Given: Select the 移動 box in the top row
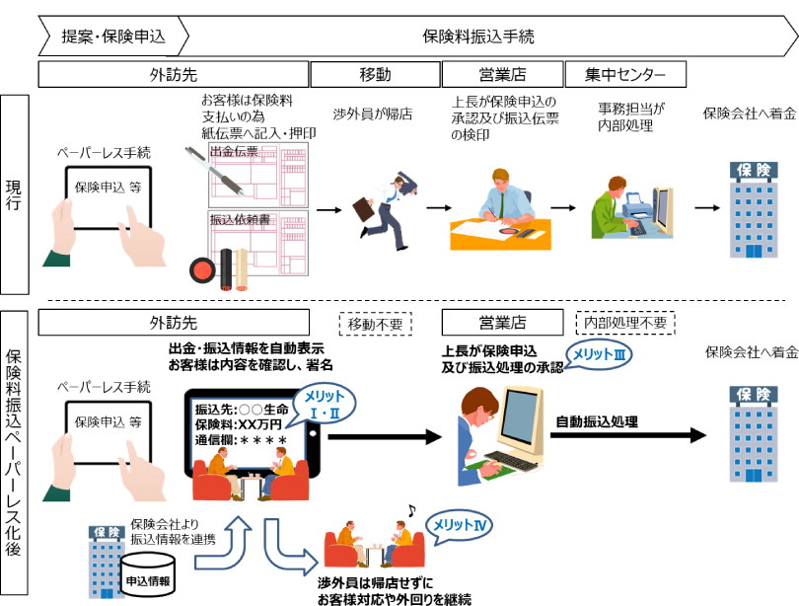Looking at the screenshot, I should [x=375, y=74].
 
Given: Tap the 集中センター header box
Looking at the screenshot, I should [x=624, y=74].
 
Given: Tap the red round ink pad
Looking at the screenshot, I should [x=202, y=268].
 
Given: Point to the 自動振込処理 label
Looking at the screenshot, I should [x=597, y=422].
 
